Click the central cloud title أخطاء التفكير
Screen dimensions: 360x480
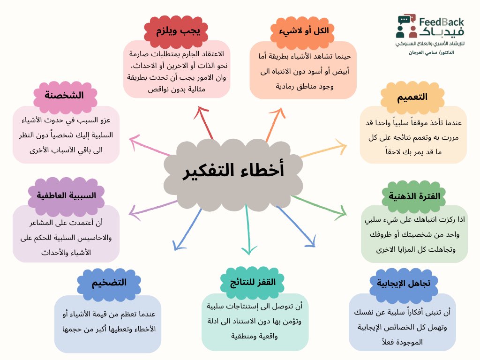232,171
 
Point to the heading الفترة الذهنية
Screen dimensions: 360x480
411,195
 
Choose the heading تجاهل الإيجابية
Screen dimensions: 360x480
404,282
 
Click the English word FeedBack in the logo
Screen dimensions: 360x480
442,22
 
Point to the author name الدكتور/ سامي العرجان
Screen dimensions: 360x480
431,52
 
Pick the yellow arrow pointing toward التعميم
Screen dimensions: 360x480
323,148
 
